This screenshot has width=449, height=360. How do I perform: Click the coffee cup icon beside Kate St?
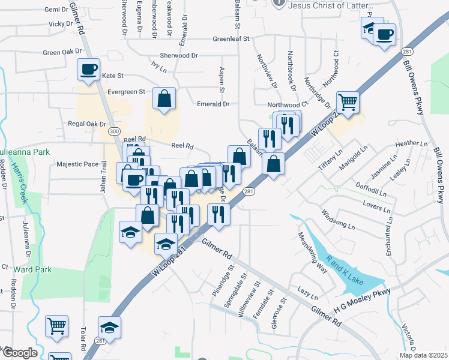(x=88, y=69)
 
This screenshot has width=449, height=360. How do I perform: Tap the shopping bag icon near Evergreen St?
(x=163, y=99)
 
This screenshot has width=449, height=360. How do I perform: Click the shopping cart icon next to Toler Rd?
(x=57, y=326)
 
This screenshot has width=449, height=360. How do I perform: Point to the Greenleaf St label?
(x=231, y=39)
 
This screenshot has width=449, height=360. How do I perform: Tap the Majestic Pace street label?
(x=77, y=164)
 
